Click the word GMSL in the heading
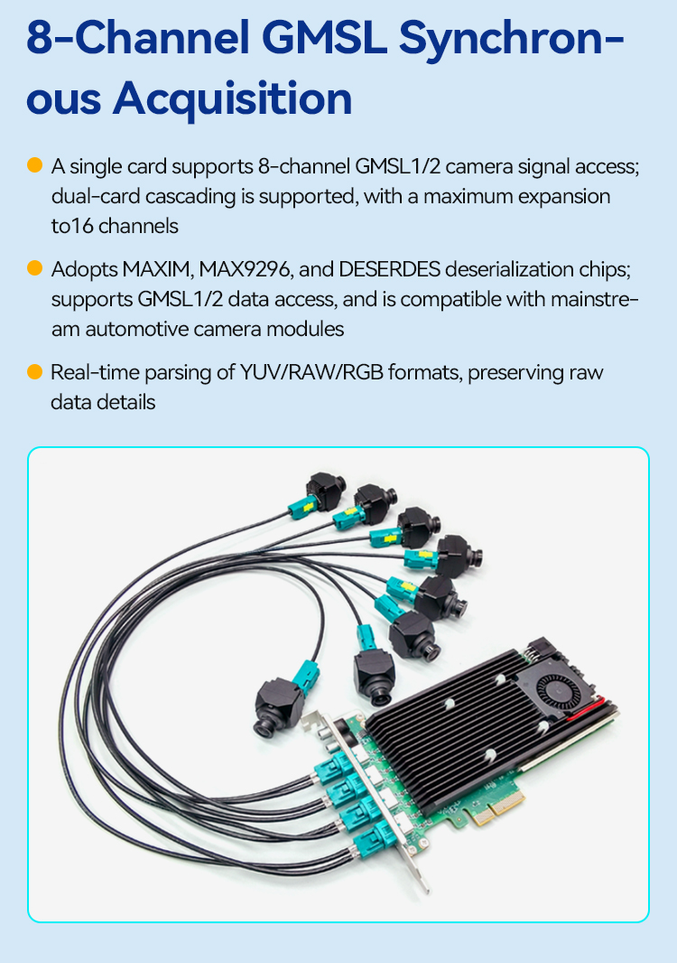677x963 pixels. [x=327, y=38]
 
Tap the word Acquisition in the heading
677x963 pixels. [x=233, y=98]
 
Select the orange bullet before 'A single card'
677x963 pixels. [x=35, y=165]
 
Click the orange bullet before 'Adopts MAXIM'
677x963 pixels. [x=35, y=267]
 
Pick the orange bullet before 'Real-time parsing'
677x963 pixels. [x=35, y=371]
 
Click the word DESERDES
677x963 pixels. [x=389, y=269]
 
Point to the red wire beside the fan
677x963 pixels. [x=586, y=709]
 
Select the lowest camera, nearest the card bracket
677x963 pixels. [x=278, y=707]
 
